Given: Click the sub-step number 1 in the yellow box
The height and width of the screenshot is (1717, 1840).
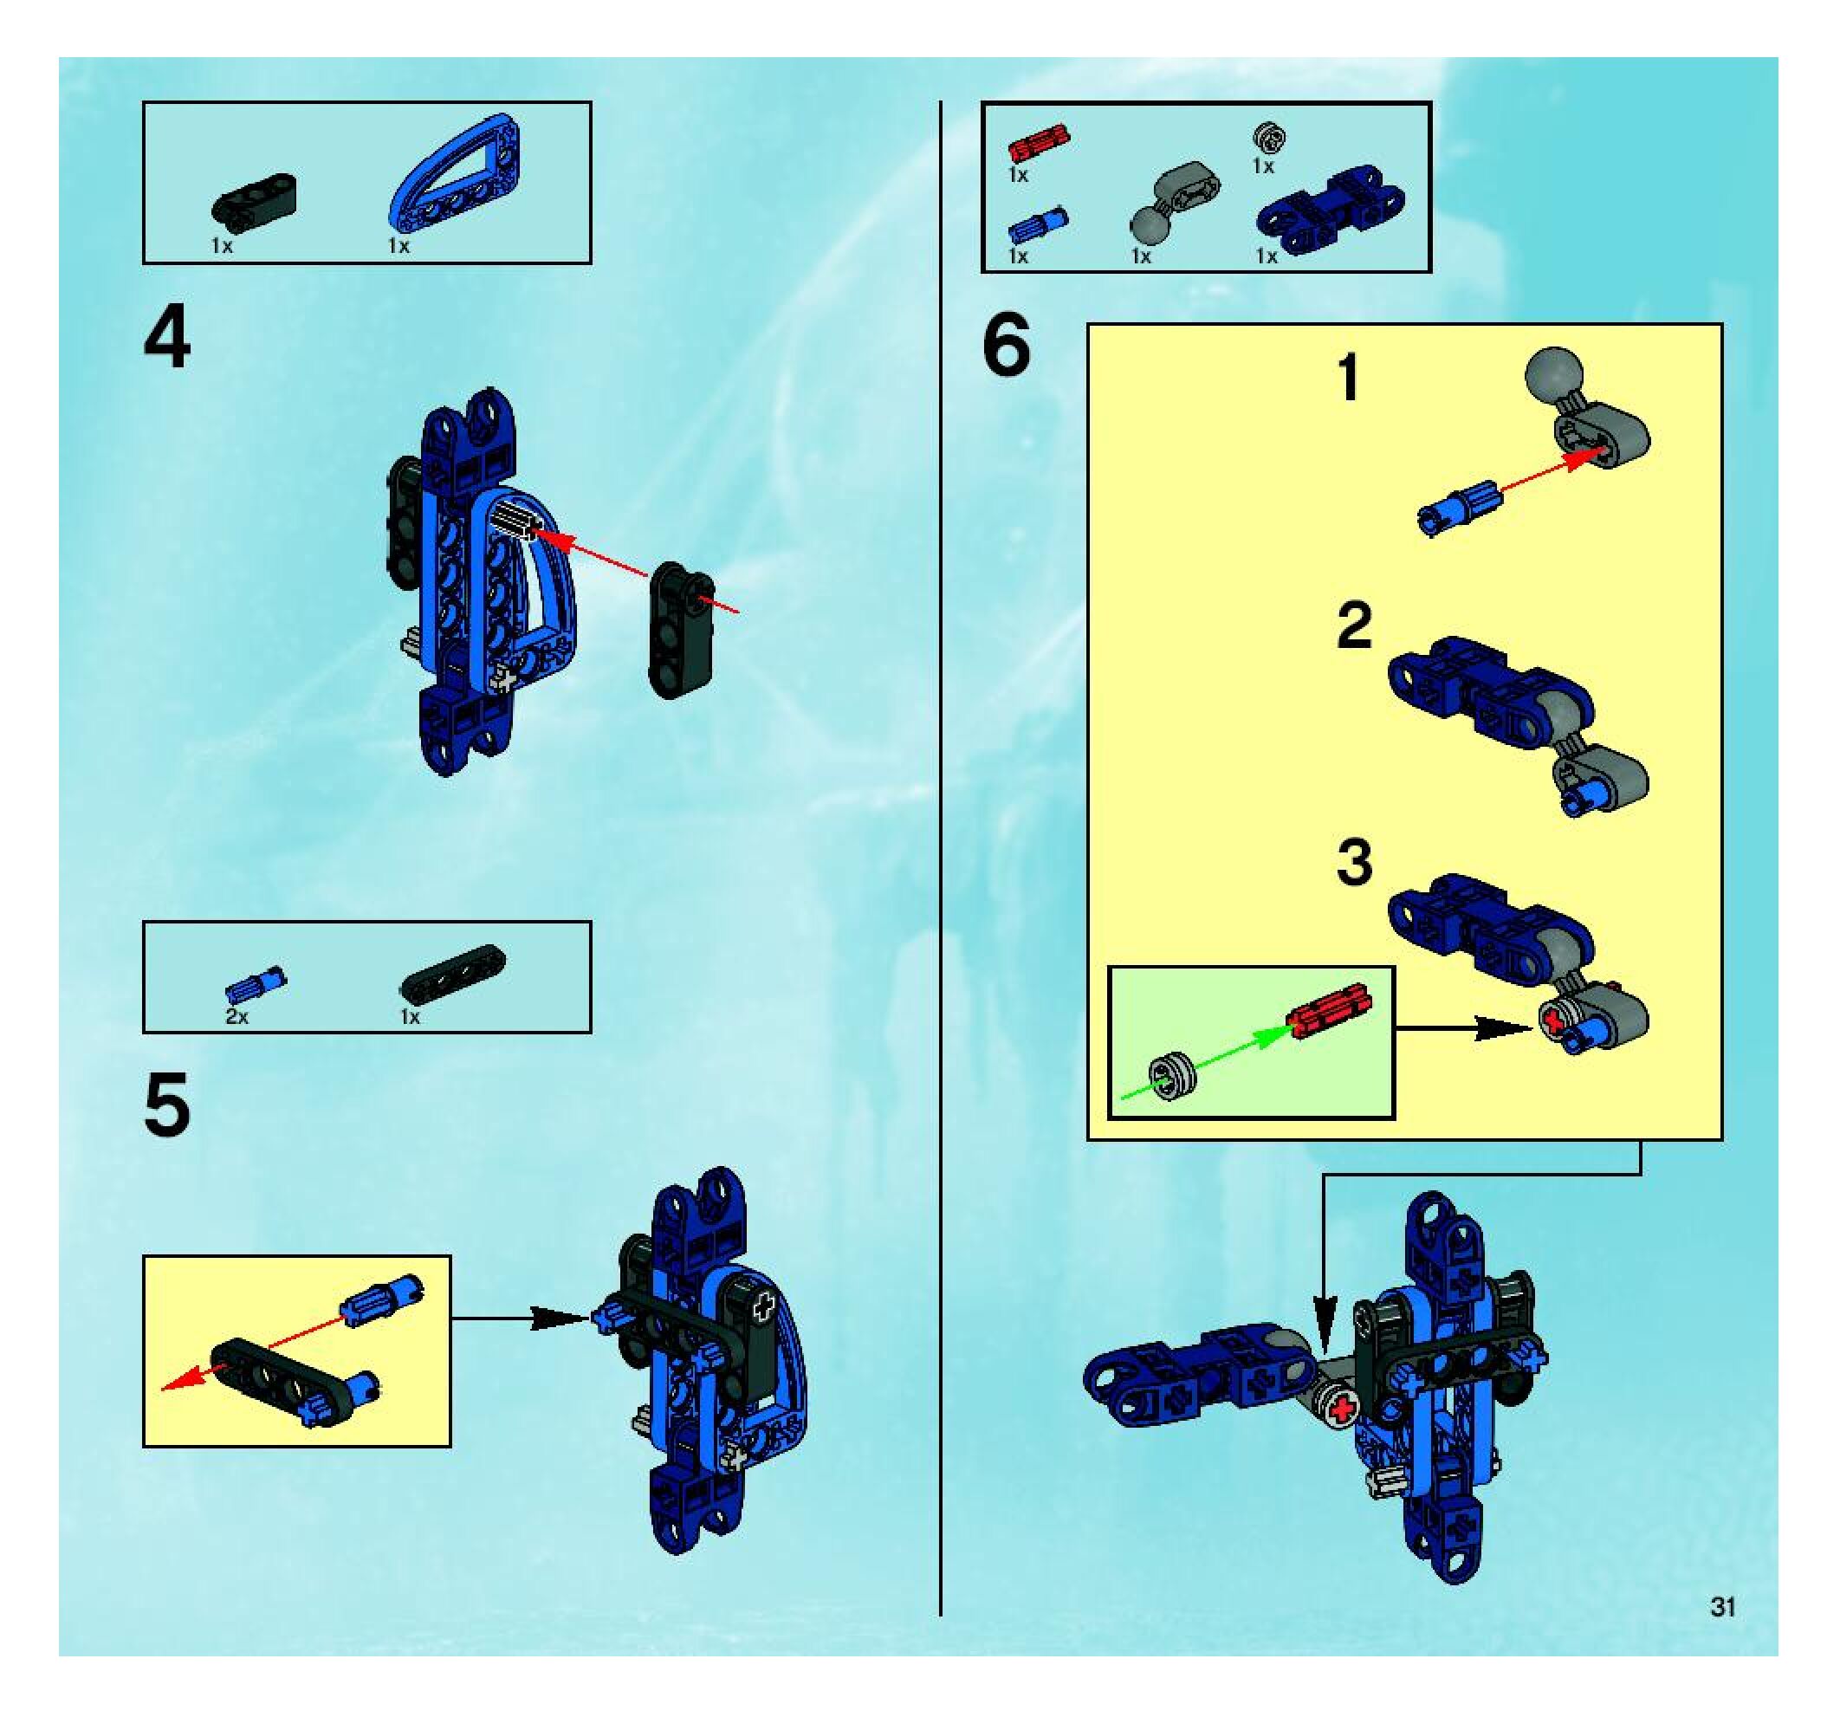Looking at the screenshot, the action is click(x=1351, y=379).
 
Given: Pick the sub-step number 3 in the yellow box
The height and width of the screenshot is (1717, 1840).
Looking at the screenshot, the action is click(x=1355, y=862).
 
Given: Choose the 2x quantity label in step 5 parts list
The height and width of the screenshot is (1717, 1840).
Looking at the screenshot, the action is click(x=237, y=1017).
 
